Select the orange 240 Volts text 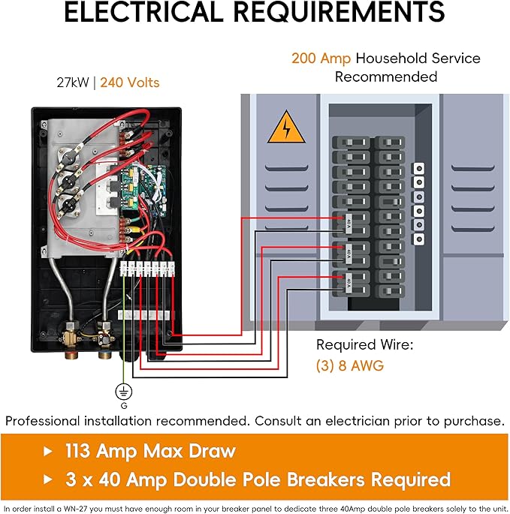pos(130,83)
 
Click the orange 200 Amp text pos(321,59)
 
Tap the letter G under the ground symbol pos(123,405)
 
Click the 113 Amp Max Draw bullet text pos(150,451)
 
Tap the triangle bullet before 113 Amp pos(49,451)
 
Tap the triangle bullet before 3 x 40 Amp pos(49,479)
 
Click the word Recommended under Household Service pos(385,77)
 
